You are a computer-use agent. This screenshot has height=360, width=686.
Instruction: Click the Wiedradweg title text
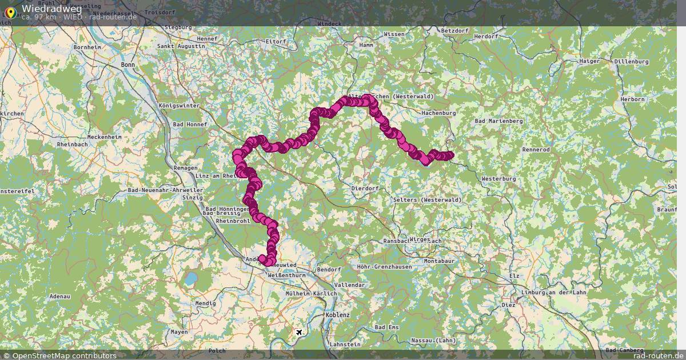[51, 9]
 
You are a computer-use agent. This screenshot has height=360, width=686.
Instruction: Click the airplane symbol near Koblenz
[299, 332]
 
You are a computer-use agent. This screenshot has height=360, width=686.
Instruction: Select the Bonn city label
[128, 65]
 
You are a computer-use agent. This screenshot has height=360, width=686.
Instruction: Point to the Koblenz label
[337, 315]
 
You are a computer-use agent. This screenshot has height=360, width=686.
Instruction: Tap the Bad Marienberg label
[499, 121]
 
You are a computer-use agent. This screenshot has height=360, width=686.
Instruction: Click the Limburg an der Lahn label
[554, 292]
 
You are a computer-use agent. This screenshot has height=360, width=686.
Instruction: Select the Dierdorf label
[365, 188]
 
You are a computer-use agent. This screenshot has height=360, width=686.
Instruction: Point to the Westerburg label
[498, 179]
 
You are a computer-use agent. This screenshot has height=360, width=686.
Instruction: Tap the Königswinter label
[179, 106]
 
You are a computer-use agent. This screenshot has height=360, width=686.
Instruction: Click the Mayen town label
[179, 331]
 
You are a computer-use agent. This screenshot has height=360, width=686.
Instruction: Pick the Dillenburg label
[631, 61]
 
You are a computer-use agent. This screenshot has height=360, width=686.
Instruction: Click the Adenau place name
[60, 297]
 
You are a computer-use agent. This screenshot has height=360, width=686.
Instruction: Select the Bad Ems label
[386, 327]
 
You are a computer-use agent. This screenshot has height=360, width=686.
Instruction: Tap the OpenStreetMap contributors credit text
[60, 355]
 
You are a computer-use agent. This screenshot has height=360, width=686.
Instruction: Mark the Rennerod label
[536, 149]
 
